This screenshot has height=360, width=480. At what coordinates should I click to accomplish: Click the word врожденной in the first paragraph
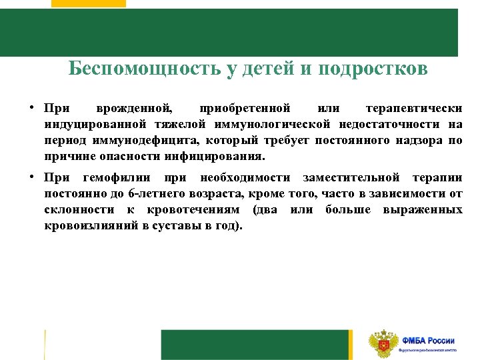tap(133, 107)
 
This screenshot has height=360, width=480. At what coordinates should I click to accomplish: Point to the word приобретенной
tap(245, 107)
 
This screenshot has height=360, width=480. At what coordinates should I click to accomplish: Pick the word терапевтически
tap(414, 107)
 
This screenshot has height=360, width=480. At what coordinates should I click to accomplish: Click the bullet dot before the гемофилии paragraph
tap(32, 177)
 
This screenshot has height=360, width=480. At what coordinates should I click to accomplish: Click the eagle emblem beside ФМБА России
tap(383, 344)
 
